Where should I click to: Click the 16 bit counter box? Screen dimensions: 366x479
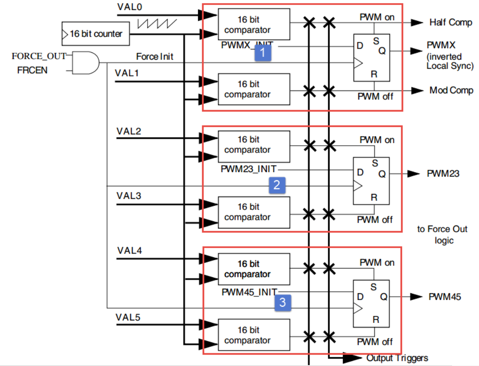(x=95, y=34)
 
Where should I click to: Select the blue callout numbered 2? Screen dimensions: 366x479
(x=277, y=185)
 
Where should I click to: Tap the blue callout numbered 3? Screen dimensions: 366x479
(x=282, y=303)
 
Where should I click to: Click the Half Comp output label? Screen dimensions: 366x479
(x=451, y=22)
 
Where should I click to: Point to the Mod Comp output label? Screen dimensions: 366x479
(x=451, y=90)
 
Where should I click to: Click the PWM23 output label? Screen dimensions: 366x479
(x=443, y=173)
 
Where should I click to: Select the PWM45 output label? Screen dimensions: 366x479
(x=444, y=297)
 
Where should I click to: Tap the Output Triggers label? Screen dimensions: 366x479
(x=397, y=358)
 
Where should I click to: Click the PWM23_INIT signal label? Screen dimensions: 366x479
(x=249, y=169)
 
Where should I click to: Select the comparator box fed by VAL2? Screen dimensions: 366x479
(x=254, y=145)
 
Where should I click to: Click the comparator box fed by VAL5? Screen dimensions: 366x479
(x=254, y=335)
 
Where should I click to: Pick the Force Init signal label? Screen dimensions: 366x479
(x=154, y=57)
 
